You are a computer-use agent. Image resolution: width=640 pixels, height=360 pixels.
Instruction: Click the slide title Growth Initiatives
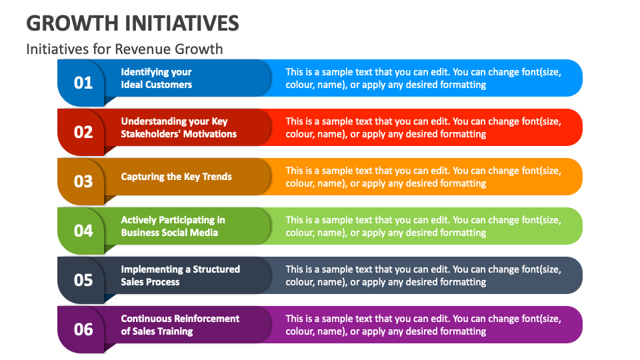[x=133, y=23]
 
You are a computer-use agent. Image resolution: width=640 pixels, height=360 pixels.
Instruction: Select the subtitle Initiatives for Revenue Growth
[x=125, y=49]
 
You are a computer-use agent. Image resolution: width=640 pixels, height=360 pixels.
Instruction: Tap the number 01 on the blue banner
[x=83, y=83]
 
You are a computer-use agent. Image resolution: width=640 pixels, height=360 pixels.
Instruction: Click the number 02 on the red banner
[x=83, y=132]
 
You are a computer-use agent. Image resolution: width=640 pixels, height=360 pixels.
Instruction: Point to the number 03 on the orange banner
[x=83, y=181]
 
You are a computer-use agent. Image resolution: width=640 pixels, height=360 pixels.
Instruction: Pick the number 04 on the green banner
[x=83, y=231]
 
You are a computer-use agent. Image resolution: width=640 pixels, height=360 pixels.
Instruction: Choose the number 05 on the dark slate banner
[x=83, y=280]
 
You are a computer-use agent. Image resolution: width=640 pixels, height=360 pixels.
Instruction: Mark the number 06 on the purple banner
[x=83, y=329]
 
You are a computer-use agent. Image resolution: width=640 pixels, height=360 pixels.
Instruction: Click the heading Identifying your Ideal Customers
[x=157, y=79]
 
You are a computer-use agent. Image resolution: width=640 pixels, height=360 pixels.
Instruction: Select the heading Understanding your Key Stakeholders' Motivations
[x=178, y=128]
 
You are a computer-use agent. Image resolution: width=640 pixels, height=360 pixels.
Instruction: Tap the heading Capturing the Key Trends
[x=176, y=177]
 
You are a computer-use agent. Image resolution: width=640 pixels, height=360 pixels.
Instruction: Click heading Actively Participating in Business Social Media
[x=173, y=227]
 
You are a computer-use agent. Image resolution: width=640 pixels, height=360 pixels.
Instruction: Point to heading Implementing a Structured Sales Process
[x=180, y=276]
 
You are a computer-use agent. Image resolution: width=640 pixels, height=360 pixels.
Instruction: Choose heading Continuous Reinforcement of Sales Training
[x=180, y=325]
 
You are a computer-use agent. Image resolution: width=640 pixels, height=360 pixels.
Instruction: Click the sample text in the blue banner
[x=423, y=79]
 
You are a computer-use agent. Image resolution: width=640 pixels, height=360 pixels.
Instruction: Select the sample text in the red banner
[x=423, y=128]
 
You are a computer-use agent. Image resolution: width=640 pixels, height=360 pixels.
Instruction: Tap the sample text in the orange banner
[x=423, y=177]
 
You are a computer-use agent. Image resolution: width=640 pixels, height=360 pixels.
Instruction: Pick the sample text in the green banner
[x=423, y=227]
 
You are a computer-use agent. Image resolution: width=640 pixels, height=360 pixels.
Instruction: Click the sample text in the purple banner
[x=423, y=325]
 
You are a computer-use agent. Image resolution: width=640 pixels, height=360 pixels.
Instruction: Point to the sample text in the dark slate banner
[x=423, y=276]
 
